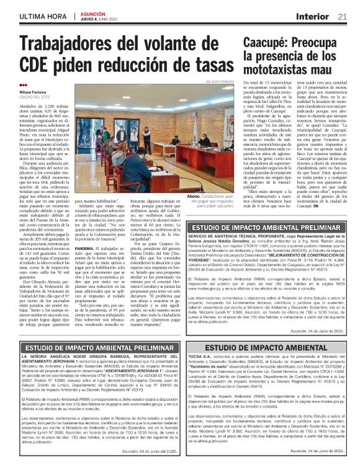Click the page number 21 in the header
343,16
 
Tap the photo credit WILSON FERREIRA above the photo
220,81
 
